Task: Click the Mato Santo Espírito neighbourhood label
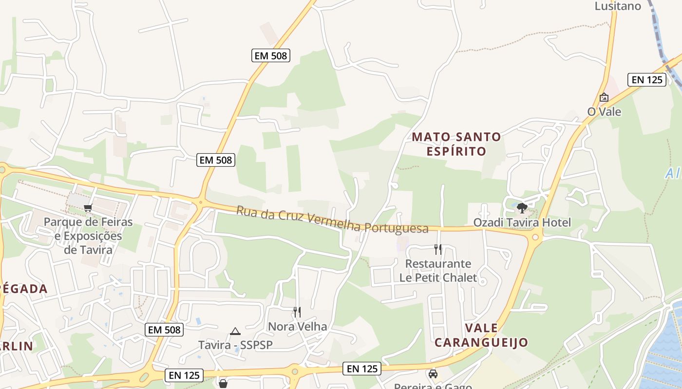pyautogui.click(x=456, y=144)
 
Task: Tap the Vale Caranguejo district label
pyautogui.click(x=481, y=335)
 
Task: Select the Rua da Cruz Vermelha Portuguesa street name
pyautogui.click(x=332, y=220)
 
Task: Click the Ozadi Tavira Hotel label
pyautogui.click(x=522, y=223)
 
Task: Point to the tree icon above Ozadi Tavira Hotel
pyautogui.click(x=522, y=208)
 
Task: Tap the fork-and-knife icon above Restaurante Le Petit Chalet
pyautogui.click(x=438, y=249)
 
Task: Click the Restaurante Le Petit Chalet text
pyautogui.click(x=438, y=271)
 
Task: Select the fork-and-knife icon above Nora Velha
pyautogui.click(x=297, y=312)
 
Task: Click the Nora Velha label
pyautogui.click(x=297, y=326)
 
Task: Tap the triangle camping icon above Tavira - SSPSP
pyautogui.click(x=235, y=332)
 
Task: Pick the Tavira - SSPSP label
pyautogui.click(x=235, y=345)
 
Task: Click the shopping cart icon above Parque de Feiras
pyautogui.click(x=88, y=208)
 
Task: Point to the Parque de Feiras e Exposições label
pyautogui.click(x=88, y=236)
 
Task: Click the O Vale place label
pyautogui.click(x=604, y=112)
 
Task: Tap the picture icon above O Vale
pyautogui.click(x=604, y=97)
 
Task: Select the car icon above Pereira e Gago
pyautogui.click(x=433, y=374)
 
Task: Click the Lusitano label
pyautogui.click(x=618, y=6)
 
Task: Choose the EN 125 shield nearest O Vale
pyautogui.click(x=647, y=80)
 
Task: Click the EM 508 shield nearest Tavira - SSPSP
pyautogui.click(x=165, y=330)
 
